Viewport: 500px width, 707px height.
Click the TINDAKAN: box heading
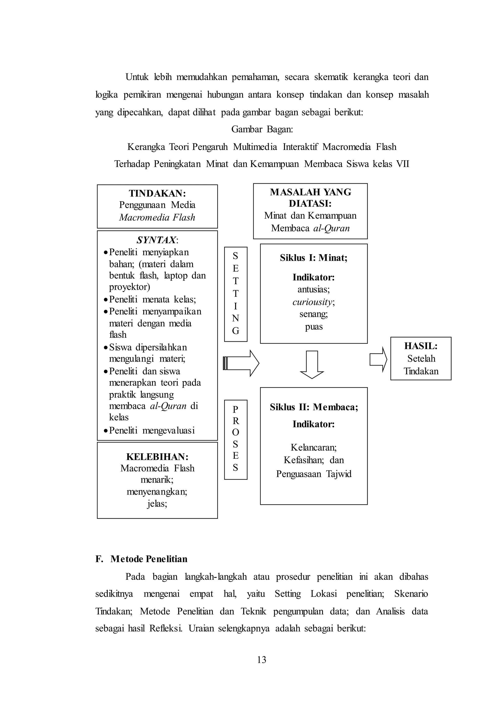[157, 193]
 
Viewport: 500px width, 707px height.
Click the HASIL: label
[421, 346]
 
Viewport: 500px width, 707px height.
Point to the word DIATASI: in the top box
[310, 204]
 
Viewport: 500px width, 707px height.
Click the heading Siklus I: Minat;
[313, 258]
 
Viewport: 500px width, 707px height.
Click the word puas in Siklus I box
[314, 327]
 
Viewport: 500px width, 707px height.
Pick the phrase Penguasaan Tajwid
[314, 474]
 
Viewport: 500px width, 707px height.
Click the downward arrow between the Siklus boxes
[312, 364]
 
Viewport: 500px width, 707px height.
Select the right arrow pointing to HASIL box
[378, 359]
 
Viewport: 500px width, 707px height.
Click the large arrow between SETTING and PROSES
[241, 363]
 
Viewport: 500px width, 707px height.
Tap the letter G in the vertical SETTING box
[236, 331]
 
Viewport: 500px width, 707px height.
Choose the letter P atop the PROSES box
[236, 409]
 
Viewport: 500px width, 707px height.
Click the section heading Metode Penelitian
[149, 559]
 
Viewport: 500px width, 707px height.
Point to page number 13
[261, 660]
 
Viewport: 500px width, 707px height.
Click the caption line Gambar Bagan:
[262, 129]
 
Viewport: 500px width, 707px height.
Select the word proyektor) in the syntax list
[129, 287]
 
